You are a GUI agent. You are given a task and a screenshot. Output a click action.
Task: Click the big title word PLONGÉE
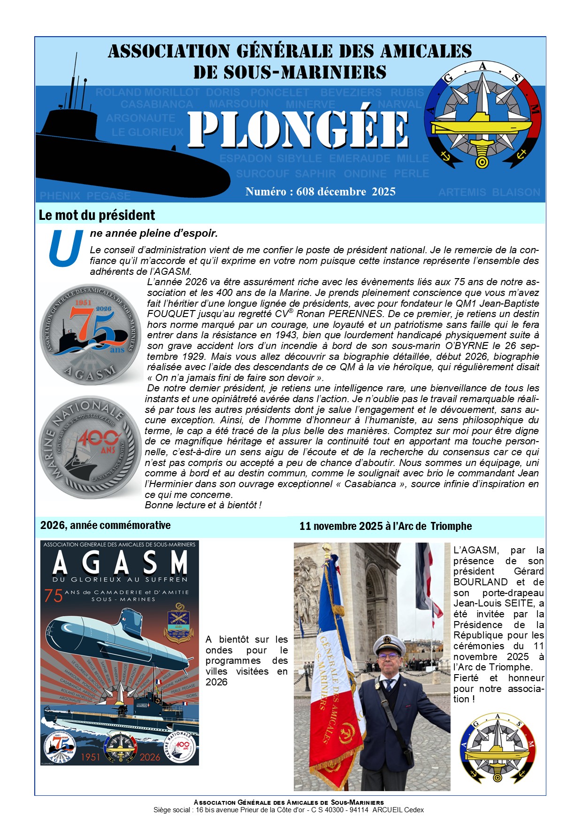click(x=299, y=130)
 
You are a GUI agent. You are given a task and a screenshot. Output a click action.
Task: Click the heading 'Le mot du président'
click(x=97, y=215)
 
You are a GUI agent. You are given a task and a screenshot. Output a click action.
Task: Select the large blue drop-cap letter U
click(x=66, y=248)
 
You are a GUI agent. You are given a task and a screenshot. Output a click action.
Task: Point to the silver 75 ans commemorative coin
click(x=91, y=334)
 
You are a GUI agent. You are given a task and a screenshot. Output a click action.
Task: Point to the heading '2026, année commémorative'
click(x=106, y=525)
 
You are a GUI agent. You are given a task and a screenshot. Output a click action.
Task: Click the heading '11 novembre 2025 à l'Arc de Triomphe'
click(x=385, y=526)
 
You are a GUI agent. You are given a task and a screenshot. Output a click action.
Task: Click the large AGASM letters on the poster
click(x=120, y=563)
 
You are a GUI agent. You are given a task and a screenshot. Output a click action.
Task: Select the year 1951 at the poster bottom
click(x=91, y=757)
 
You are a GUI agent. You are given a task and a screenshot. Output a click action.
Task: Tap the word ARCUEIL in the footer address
click(x=388, y=810)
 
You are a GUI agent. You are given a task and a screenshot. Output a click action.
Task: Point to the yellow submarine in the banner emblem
click(x=481, y=126)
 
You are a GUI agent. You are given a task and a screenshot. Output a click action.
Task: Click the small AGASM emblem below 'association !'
click(x=498, y=748)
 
